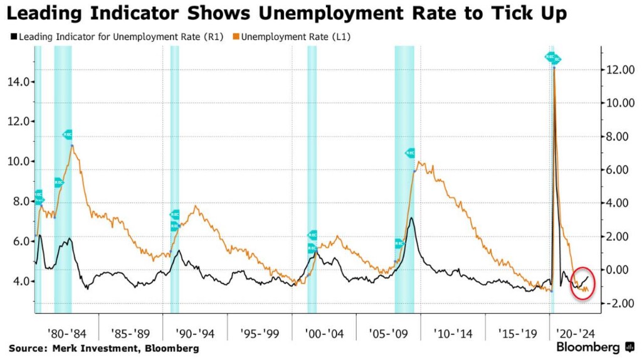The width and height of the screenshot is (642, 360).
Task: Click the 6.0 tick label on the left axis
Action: pos(19,241)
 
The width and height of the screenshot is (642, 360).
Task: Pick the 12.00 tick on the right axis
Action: pos(617,70)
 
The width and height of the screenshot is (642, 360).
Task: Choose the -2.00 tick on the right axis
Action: pos(617,303)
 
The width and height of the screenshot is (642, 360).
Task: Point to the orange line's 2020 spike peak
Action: pos(554,67)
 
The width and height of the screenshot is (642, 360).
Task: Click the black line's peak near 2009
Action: pos(411,218)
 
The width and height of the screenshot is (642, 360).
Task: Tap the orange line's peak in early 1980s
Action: pos(71,146)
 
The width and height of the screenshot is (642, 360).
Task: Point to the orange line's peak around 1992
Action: pos(197,206)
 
